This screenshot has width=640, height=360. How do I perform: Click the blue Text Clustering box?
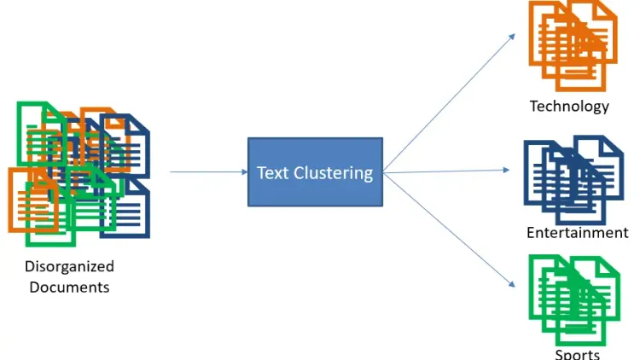tap(315, 171)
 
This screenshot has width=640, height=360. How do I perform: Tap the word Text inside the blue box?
tap(273, 173)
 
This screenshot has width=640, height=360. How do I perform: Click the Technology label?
tap(569, 107)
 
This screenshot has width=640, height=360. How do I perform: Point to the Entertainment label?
tap(577, 233)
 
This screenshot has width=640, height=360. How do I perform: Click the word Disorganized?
tap(69, 267)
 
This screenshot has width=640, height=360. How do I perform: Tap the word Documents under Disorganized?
tap(69, 287)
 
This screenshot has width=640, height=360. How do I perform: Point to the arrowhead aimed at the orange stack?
tap(511, 37)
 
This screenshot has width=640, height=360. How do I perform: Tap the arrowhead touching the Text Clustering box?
tap(243, 172)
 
